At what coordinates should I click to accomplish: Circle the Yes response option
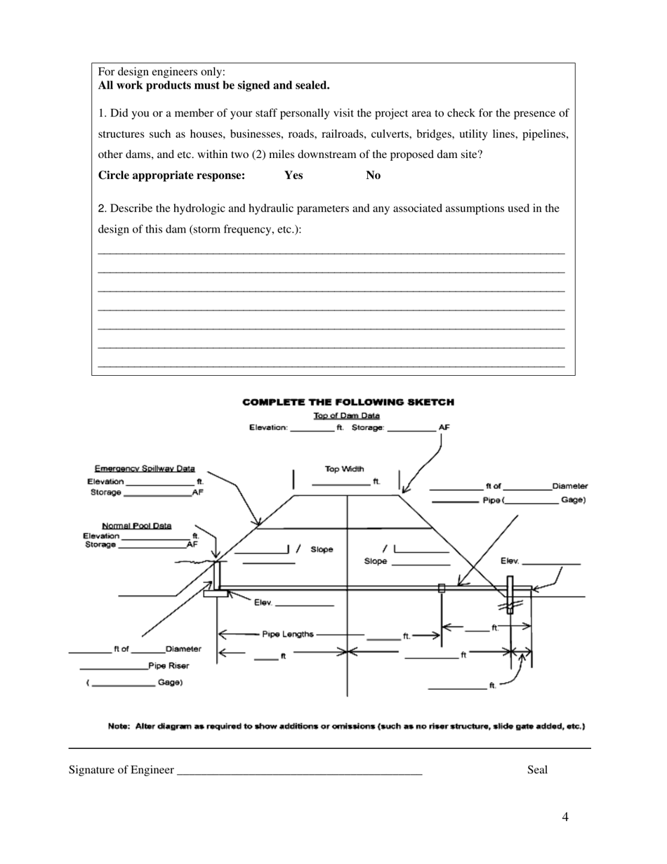click(293, 176)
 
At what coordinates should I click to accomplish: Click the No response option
click(373, 176)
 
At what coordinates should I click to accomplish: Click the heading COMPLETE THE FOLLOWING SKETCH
click(348, 402)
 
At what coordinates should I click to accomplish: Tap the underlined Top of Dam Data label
click(346, 416)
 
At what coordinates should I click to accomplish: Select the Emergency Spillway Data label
click(145, 469)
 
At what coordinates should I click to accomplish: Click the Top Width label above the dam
click(344, 469)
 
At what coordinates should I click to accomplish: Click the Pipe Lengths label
click(288, 634)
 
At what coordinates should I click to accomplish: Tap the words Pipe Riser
click(169, 665)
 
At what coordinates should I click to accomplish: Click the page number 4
click(565, 817)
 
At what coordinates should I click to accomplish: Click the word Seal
click(537, 770)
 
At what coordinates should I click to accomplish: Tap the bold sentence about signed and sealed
click(213, 86)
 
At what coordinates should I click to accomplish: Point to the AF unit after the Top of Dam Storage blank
click(444, 427)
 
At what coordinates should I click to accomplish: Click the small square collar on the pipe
click(442, 588)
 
